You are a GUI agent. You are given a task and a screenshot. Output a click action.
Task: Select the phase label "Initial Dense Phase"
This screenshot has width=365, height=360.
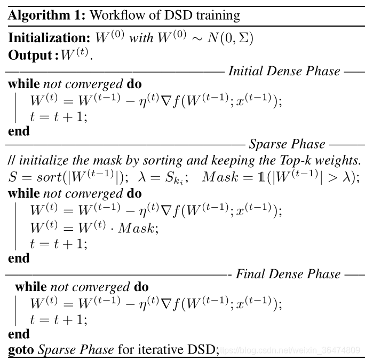[284, 71]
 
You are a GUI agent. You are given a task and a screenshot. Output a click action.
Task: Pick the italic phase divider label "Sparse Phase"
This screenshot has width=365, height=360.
[287, 144]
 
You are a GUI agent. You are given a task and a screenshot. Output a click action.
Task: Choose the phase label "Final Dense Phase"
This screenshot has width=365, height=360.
[288, 275]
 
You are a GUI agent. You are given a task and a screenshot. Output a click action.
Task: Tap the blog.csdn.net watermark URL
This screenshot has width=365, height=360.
[290, 350]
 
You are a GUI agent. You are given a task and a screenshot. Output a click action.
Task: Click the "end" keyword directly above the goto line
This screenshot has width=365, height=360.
[19, 334]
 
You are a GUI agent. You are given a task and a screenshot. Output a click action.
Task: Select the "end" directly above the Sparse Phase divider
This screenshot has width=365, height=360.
[19, 131]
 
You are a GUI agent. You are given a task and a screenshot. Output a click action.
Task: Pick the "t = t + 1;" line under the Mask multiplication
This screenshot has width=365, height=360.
[58, 244]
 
